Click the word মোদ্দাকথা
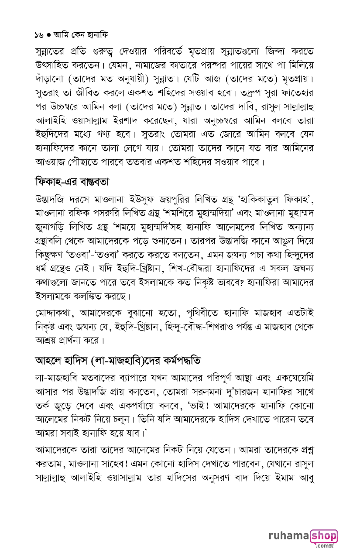54,313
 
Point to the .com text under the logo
324,546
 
